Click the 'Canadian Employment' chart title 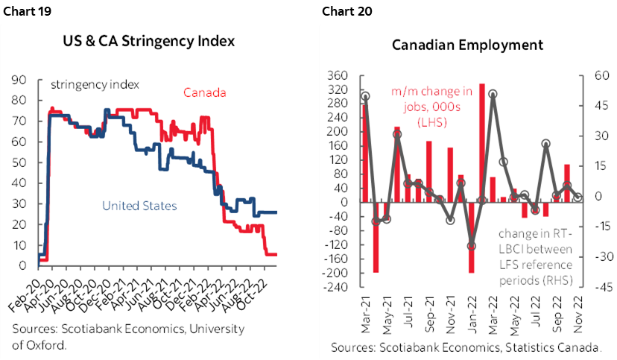tap(467, 45)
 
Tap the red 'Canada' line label tap(206, 93)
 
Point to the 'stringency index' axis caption tap(95, 83)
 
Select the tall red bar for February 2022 tap(482, 142)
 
